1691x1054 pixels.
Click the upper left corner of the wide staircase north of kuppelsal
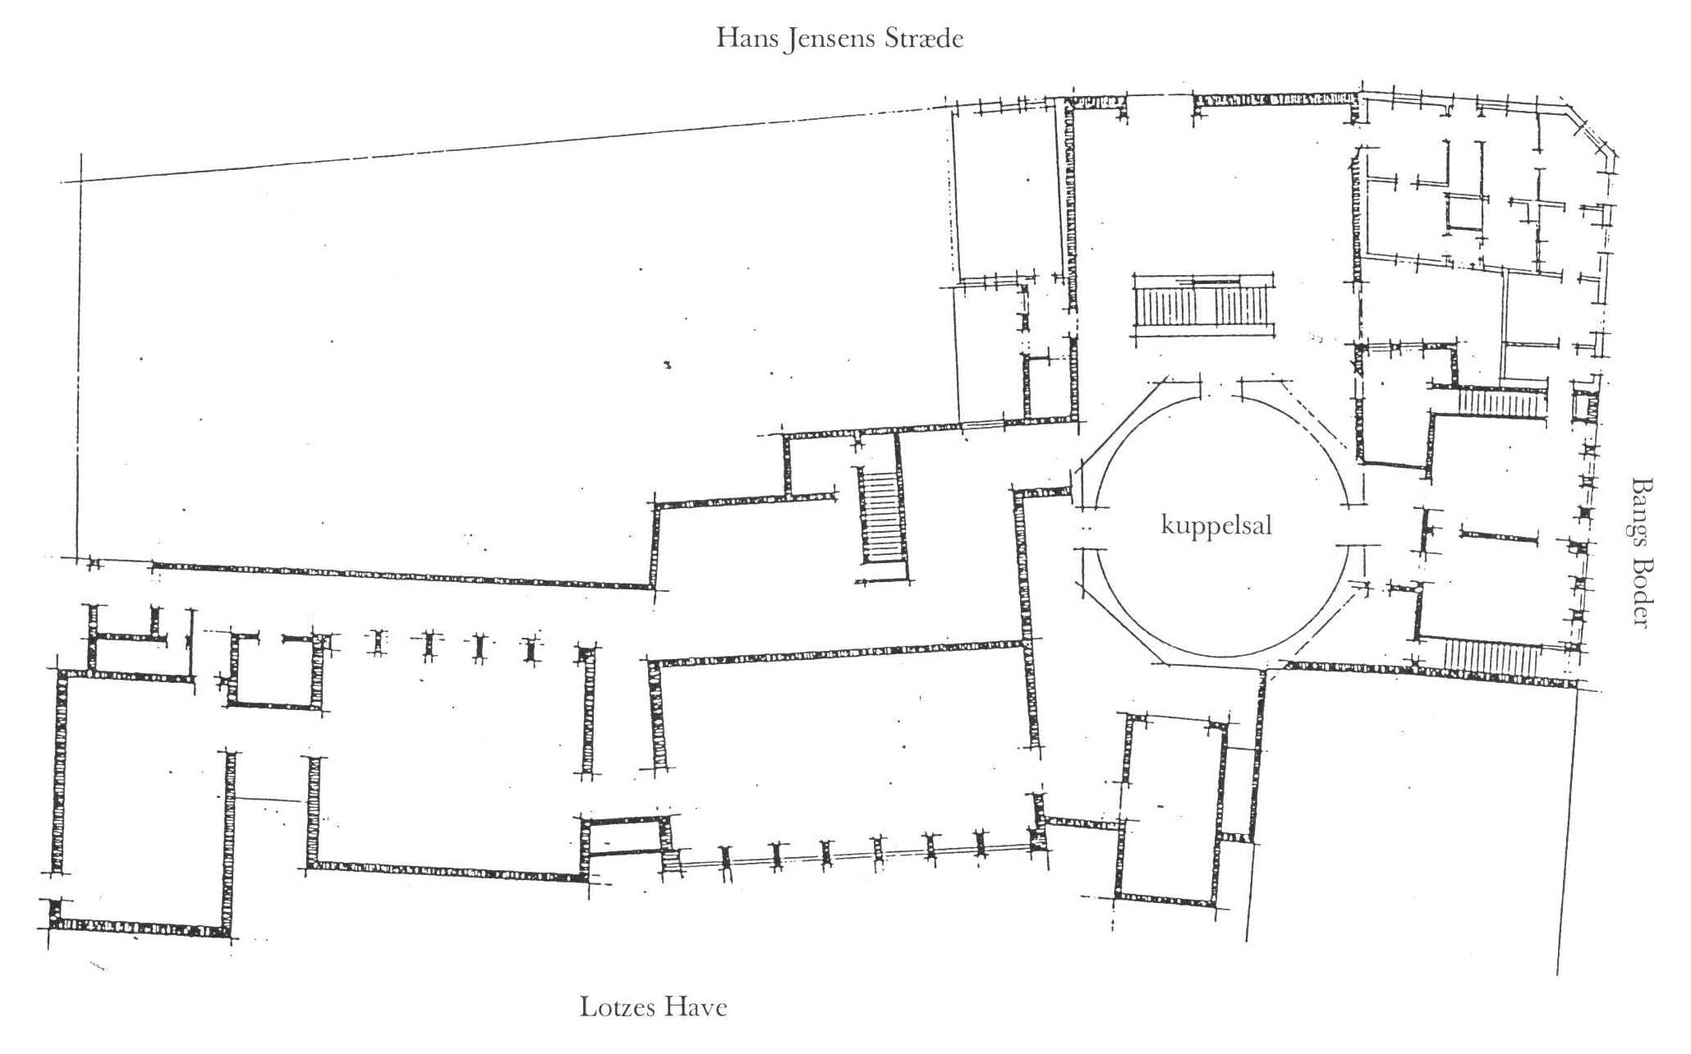point(1133,275)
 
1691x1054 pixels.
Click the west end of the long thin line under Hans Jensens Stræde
point(62,182)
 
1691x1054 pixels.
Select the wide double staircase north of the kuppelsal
point(1205,307)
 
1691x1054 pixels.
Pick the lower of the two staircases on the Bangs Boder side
point(1490,660)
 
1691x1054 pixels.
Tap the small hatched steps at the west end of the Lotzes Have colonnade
point(672,863)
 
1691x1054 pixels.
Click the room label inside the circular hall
point(1216,525)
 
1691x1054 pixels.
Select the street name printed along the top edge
point(839,39)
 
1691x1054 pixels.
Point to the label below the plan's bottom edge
point(654,1007)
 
